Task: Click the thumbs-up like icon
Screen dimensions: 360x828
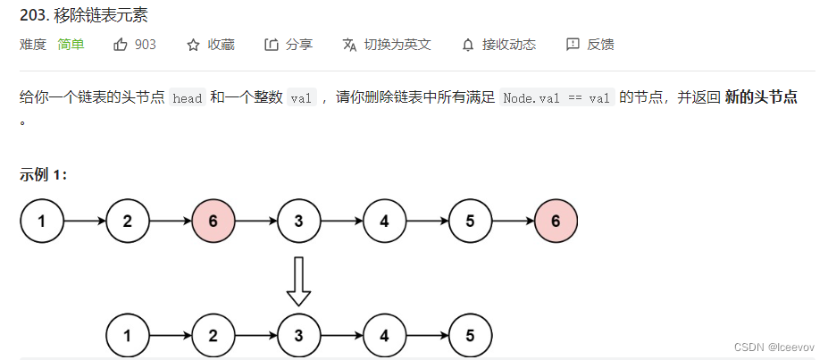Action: click(121, 44)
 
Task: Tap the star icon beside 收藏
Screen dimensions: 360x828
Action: click(193, 45)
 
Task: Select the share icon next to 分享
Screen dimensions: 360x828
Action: click(272, 45)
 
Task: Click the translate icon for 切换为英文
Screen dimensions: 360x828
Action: click(349, 45)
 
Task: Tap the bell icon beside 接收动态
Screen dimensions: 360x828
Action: click(467, 45)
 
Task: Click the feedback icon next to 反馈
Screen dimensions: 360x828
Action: click(573, 45)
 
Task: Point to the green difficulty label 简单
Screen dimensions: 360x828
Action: click(71, 45)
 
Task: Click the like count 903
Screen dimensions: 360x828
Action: click(146, 45)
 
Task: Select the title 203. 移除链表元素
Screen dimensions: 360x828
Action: click(83, 14)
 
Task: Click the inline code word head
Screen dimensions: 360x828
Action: click(188, 98)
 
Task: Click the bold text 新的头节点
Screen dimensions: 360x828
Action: click(761, 97)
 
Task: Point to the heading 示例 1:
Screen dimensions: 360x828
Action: click(44, 174)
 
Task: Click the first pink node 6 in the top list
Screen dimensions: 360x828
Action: click(213, 222)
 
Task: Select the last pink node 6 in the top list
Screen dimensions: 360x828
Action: click(556, 222)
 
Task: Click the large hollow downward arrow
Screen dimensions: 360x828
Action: click(298, 280)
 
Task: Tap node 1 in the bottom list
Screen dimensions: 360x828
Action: click(128, 337)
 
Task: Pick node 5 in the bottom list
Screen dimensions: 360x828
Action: click(471, 337)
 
